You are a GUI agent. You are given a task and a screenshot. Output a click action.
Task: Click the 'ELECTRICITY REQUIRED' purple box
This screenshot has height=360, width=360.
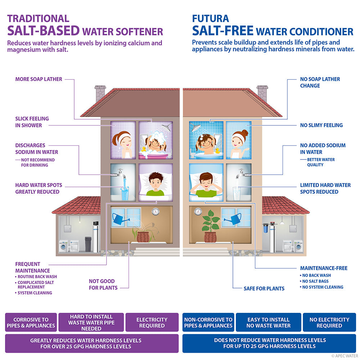coord(152,322)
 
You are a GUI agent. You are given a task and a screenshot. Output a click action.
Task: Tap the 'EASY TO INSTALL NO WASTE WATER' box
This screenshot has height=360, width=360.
coord(269,322)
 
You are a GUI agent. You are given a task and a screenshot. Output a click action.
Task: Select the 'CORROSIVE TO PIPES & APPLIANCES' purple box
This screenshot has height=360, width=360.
coord(31,322)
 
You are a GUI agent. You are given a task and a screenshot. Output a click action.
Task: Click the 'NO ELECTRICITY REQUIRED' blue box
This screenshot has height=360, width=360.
coord(329,322)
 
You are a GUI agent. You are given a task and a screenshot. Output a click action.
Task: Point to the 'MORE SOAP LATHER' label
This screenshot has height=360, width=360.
coord(39,79)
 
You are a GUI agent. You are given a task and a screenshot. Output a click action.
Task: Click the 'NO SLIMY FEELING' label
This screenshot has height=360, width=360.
coord(321,125)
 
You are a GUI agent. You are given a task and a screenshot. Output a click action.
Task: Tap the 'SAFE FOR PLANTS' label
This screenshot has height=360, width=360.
coord(264,288)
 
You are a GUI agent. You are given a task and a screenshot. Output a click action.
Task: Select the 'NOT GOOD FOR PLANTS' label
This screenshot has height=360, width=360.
coord(103,284)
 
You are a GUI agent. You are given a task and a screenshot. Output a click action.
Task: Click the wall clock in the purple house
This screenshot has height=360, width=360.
coord(156,211)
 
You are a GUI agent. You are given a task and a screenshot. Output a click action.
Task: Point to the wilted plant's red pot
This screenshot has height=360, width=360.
coord(143,237)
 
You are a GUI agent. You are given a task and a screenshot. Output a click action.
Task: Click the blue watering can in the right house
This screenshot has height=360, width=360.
coord(233,219)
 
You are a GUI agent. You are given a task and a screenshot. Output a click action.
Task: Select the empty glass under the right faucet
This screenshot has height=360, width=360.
coord(237,194)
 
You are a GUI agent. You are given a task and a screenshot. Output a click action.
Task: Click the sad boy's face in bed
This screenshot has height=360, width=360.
coord(156,181)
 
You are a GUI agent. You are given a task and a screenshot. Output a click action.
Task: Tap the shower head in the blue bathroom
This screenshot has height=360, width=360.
coord(195,127)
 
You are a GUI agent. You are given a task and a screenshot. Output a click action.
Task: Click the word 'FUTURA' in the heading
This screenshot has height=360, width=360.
coord(210,18)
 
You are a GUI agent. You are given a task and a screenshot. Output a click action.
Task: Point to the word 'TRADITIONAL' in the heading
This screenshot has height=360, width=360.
coord(38,18)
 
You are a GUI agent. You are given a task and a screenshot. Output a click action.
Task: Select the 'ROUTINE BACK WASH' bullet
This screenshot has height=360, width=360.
coord(36,276)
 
